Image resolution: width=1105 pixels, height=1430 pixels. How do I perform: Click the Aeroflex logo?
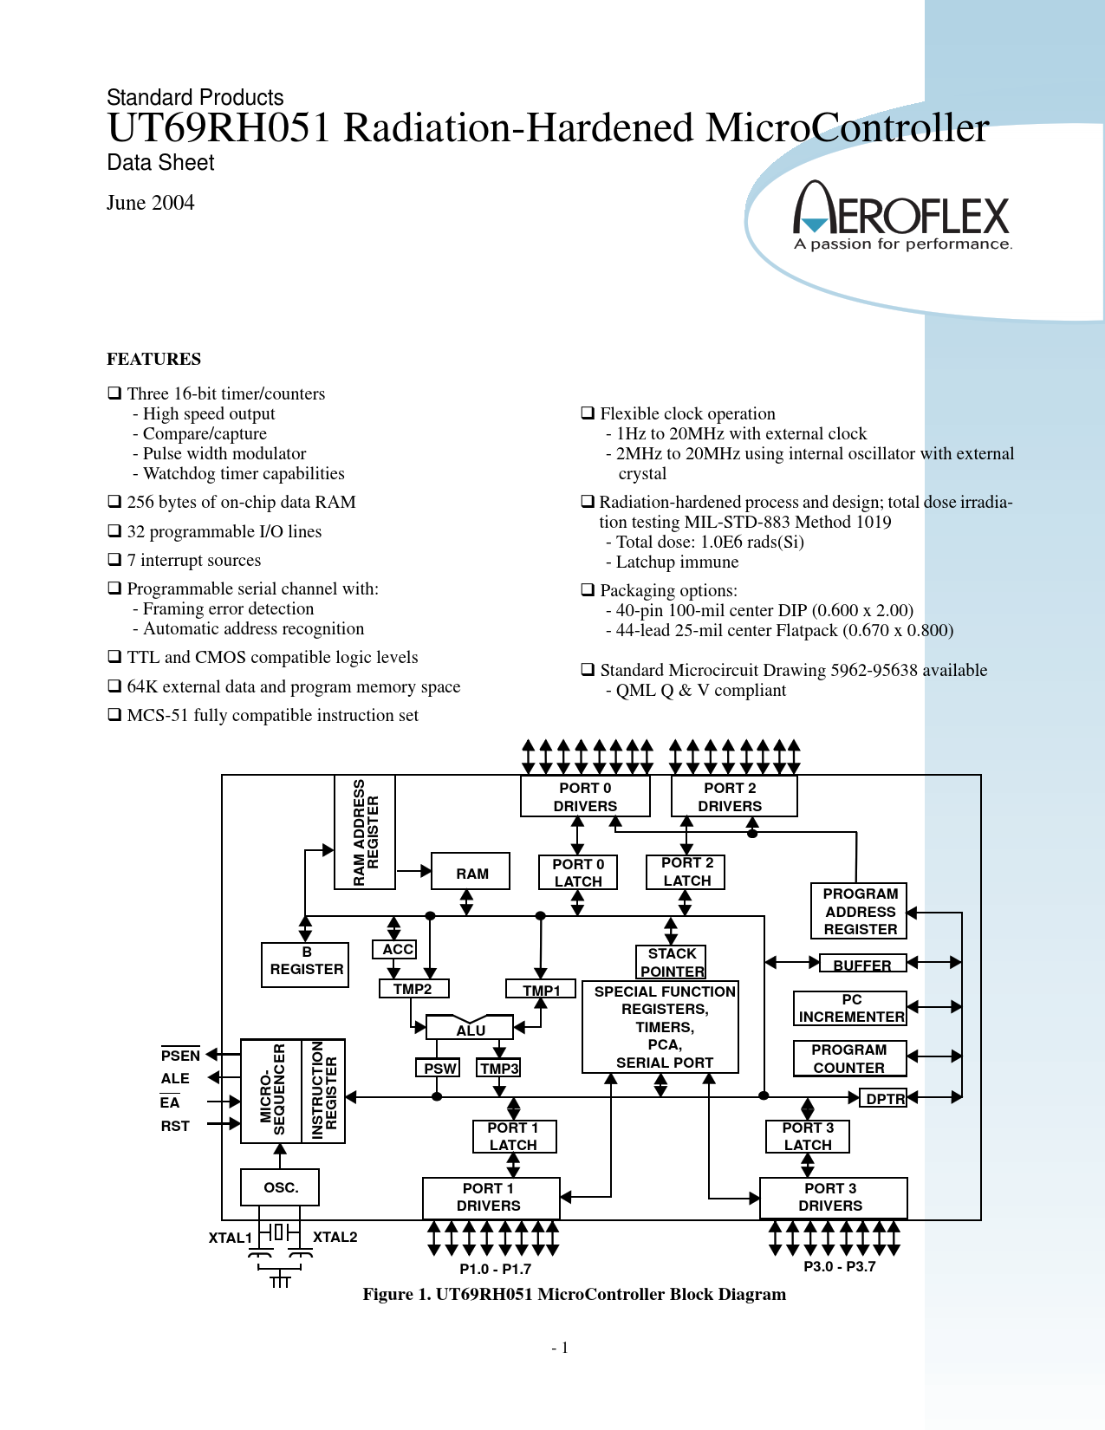click(x=901, y=215)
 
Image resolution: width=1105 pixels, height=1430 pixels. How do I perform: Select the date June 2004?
click(x=150, y=202)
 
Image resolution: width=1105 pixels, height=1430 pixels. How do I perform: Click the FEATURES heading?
click(x=153, y=359)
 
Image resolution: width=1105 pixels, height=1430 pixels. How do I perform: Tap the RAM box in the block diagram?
click(x=470, y=871)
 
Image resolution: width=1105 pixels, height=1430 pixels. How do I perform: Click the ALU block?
click(x=470, y=1028)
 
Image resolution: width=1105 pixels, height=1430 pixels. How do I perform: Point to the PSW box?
click(x=438, y=1068)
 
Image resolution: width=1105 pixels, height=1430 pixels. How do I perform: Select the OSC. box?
click(x=280, y=1187)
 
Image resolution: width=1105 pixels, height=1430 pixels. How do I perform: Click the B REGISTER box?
click(x=305, y=964)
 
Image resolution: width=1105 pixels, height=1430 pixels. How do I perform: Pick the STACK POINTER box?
click(x=671, y=962)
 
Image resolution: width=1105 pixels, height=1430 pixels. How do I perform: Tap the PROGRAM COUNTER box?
click(x=849, y=1058)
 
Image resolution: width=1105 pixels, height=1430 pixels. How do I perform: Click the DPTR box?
click(x=883, y=1098)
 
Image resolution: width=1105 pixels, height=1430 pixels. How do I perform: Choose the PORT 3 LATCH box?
click(x=808, y=1136)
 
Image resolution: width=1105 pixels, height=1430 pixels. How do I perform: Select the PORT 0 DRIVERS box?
click(x=585, y=796)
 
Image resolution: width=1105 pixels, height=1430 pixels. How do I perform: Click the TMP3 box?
click(x=498, y=1068)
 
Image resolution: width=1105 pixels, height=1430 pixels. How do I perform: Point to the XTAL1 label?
click(x=231, y=1238)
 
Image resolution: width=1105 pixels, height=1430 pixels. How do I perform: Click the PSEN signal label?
click(x=180, y=1055)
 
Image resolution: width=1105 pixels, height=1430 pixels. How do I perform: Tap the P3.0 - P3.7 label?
click(x=839, y=1266)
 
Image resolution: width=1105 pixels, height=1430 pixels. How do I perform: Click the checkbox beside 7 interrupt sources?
click(x=114, y=559)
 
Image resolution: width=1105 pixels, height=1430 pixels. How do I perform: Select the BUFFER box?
click(x=863, y=963)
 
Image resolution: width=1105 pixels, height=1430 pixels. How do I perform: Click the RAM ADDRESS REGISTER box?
click(x=365, y=833)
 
